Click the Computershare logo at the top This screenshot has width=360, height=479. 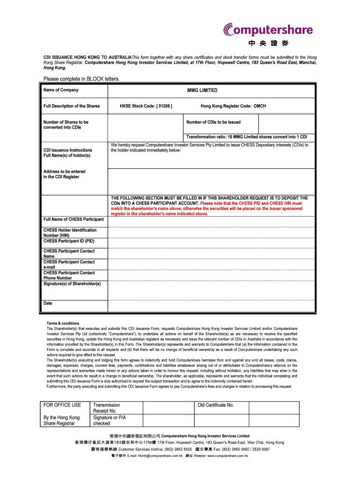(268, 30)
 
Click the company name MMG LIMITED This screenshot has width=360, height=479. (202, 90)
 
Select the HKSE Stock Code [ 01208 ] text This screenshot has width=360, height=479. (146, 106)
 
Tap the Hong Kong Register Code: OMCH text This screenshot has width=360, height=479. (233, 106)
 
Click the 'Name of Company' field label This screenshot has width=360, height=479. (61, 90)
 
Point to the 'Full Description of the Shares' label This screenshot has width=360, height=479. (72, 106)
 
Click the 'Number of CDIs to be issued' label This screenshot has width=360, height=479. (213, 122)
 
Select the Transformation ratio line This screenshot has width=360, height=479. (246, 137)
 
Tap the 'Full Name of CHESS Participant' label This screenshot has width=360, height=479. (73, 219)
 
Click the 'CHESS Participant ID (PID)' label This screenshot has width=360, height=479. (69, 241)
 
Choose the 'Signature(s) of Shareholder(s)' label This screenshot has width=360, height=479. (72, 283)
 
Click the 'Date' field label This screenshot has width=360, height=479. (48, 303)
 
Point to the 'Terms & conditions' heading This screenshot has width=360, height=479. (63, 323)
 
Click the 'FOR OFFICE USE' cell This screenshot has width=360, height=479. (62, 405)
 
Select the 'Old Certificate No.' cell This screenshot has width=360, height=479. (216, 405)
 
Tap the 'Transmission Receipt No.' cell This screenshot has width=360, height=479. (107, 408)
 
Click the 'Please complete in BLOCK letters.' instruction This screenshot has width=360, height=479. (82, 79)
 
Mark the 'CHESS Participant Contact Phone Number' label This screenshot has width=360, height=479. (69, 275)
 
